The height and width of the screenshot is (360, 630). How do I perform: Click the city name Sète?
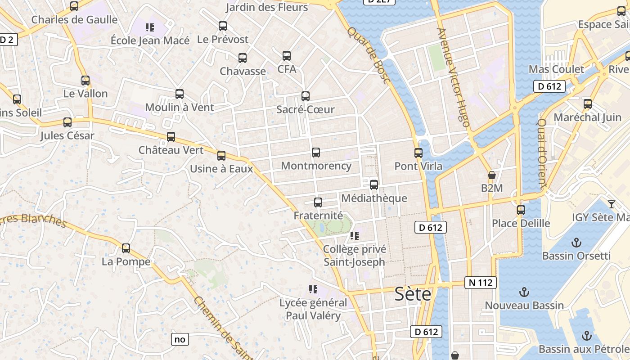coord(413,294)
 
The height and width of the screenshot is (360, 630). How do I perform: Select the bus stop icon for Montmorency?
coord(316,153)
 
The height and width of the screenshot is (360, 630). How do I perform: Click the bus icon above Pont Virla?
coord(418,153)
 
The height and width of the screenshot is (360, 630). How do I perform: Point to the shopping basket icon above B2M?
coord(492,175)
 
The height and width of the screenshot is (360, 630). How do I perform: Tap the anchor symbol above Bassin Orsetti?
coord(576,243)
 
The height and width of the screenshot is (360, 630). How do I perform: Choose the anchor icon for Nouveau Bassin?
coord(524,292)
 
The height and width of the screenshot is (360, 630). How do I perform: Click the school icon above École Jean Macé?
coord(150,27)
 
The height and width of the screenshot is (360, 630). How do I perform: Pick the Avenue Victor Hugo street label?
coord(454,77)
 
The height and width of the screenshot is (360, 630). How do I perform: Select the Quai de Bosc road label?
coord(369,54)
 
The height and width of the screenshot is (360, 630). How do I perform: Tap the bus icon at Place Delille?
coord(521,210)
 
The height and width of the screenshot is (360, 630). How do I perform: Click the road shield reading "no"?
coord(180,339)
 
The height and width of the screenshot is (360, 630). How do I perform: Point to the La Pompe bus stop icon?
coord(126,248)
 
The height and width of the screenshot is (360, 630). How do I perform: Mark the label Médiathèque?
coord(374,198)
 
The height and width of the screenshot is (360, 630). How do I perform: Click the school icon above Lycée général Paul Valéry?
coord(313,289)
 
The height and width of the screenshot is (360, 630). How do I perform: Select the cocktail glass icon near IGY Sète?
coord(611,204)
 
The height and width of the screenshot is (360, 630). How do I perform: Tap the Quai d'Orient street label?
coord(542,153)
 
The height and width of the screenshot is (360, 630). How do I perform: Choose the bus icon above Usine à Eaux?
coord(221,156)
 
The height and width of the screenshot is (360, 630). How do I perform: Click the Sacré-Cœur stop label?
coord(305,109)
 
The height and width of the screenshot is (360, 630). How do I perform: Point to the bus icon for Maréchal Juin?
coord(587,104)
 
